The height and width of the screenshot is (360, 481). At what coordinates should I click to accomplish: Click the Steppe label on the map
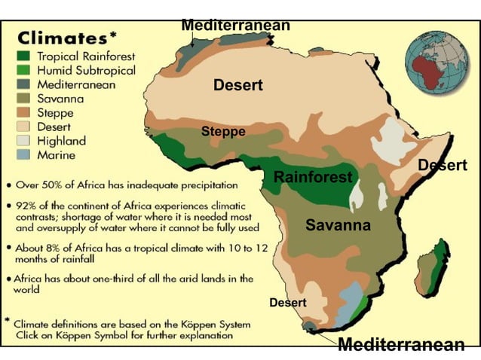tap(223, 132)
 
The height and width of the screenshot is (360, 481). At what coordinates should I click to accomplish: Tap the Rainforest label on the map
tap(312, 178)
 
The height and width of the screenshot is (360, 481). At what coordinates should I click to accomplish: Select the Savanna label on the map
tap(338, 225)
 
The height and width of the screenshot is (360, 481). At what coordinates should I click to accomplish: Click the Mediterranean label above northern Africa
tap(235, 26)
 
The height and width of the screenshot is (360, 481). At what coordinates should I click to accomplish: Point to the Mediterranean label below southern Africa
tap(400, 345)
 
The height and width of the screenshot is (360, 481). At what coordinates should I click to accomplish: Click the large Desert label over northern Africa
tap(238, 86)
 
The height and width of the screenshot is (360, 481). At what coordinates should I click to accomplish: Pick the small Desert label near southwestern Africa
tap(288, 303)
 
